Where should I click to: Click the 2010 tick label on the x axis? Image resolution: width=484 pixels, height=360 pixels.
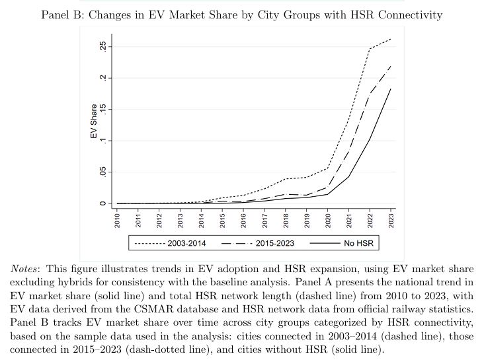(118, 220)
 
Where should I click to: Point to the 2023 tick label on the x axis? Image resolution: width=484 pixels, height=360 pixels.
(391, 220)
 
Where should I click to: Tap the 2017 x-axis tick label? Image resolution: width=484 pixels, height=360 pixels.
(264, 220)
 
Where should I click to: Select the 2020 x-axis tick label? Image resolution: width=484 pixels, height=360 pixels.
(328, 220)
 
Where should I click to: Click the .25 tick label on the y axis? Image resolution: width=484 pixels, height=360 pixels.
(103, 47)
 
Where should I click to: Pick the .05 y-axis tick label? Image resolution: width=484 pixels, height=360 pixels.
(103, 172)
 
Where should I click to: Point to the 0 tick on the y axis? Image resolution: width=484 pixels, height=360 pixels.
(103, 203)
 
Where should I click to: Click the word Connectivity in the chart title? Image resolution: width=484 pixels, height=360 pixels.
(408, 15)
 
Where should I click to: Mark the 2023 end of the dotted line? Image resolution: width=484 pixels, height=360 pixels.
(391, 39)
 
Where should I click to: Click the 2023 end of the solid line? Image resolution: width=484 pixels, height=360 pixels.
(391, 89)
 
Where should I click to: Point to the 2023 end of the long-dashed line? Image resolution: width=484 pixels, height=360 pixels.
(391, 65)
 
